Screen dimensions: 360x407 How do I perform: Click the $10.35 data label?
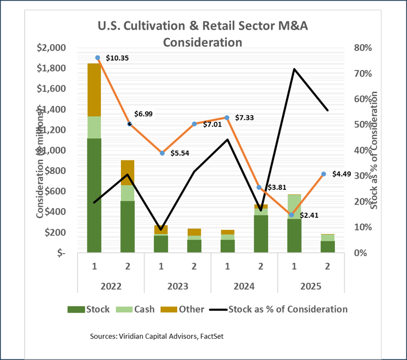(117, 58)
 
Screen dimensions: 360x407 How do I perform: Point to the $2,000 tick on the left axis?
(51, 48)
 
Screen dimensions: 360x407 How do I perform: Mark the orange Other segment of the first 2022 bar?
(94, 89)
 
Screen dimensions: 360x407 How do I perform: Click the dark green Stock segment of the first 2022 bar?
(94, 195)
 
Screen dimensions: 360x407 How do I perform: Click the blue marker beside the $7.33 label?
(227, 118)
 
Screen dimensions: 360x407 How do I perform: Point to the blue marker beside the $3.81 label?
(260, 188)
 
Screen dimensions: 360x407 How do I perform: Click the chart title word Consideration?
(203, 41)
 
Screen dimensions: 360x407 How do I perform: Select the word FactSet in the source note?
(209, 336)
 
